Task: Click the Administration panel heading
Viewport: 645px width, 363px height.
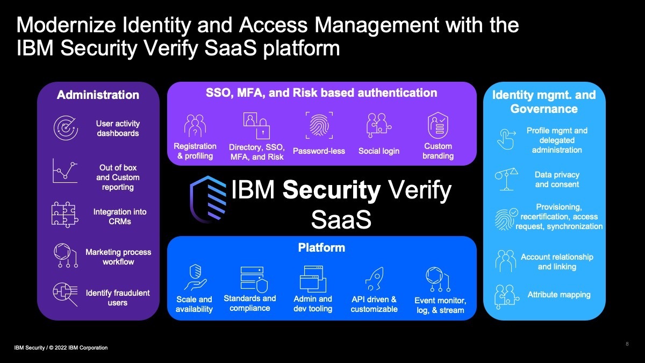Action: (x=98, y=95)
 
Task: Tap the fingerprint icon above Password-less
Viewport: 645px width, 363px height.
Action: (x=319, y=125)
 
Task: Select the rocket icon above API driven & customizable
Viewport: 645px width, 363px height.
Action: (x=374, y=279)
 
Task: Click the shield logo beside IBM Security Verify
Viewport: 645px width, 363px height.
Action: (x=208, y=200)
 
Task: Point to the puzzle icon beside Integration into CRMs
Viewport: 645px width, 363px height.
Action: (x=65, y=215)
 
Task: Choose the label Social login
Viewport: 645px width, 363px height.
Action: (x=378, y=151)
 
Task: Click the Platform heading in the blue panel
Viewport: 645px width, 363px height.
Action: (x=321, y=247)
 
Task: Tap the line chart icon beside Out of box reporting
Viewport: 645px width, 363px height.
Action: (x=65, y=170)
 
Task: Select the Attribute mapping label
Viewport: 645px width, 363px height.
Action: (x=559, y=295)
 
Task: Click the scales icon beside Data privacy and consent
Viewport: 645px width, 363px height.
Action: (x=506, y=179)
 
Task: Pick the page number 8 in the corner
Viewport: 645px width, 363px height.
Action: (x=627, y=344)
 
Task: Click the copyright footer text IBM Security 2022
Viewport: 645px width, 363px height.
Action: (x=61, y=348)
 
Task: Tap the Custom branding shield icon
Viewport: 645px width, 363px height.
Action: (x=438, y=125)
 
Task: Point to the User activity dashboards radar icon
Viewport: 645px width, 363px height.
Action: (x=66, y=128)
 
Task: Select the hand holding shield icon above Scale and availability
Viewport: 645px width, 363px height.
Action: (x=196, y=277)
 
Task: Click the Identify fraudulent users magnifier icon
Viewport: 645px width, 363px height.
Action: (x=66, y=294)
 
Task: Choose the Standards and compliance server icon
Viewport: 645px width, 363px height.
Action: (x=254, y=279)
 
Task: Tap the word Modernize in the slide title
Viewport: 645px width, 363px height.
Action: (x=66, y=25)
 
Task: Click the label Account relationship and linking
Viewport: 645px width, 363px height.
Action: (x=557, y=261)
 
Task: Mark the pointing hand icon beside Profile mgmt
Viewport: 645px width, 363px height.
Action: (x=506, y=139)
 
